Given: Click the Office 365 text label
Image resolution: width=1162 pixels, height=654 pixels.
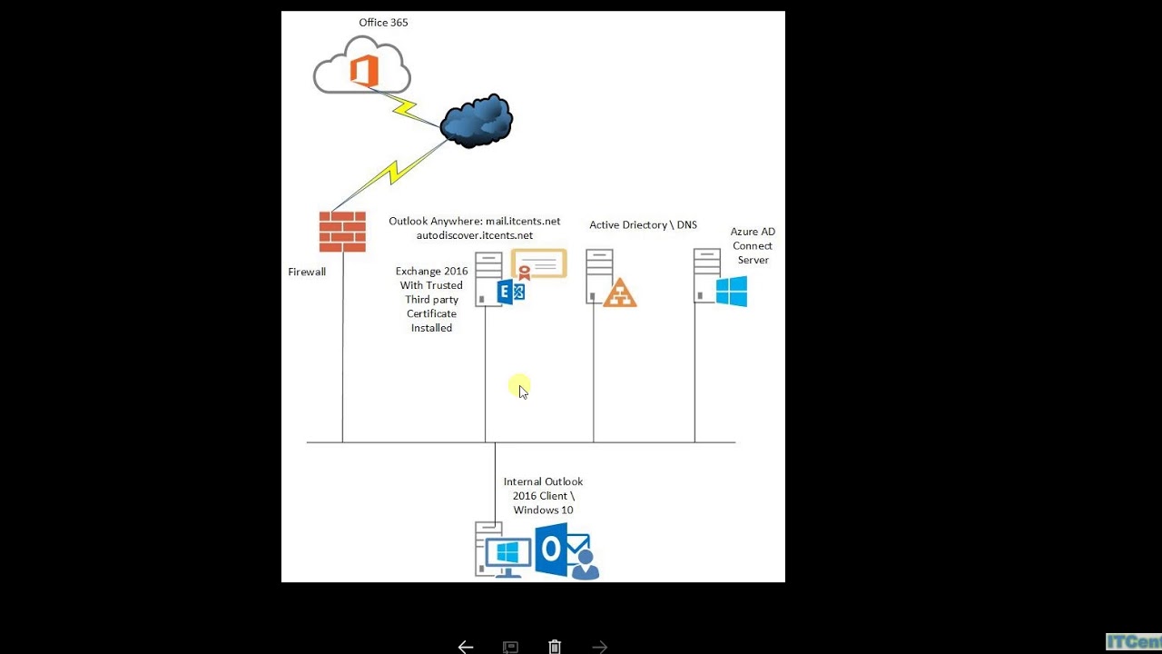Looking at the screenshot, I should pyautogui.click(x=383, y=23).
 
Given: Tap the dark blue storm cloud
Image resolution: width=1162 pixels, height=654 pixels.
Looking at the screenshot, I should pyautogui.click(x=477, y=121).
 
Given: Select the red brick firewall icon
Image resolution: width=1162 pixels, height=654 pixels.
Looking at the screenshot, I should pyautogui.click(x=342, y=232).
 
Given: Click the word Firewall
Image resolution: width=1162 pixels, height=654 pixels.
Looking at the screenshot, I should pyautogui.click(x=307, y=272).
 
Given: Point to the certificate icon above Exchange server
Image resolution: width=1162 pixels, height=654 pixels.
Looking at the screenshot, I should pyautogui.click(x=539, y=263).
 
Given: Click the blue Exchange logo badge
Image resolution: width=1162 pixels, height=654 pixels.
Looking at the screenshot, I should pyautogui.click(x=511, y=292).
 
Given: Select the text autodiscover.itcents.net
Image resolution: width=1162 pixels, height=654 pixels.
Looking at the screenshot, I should pyautogui.click(x=475, y=235).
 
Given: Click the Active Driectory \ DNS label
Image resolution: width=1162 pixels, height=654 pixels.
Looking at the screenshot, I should pyautogui.click(x=643, y=224).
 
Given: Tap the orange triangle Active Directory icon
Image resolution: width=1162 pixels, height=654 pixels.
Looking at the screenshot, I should pyautogui.click(x=620, y=292).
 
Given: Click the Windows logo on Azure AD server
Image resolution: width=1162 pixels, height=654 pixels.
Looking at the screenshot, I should pyautogui.click(x=731, y=292).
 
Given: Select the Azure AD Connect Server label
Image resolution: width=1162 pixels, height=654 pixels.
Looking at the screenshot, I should pyautogui.click(x=753, y=245).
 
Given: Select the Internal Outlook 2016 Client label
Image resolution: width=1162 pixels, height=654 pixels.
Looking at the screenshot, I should pyautogui.click(x=543, y=495).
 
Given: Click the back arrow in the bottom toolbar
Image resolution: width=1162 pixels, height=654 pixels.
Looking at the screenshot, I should pyautogui.click(x=466, y=647).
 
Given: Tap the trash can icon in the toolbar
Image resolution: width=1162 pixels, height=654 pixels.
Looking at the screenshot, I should pyautogui.click(x=555, y=647).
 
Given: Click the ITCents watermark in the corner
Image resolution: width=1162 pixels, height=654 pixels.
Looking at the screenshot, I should pyautogui.click(x=1134, y=642).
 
